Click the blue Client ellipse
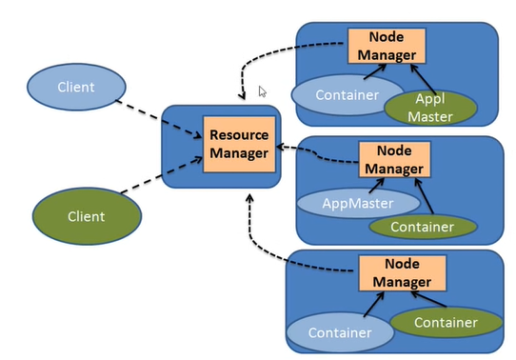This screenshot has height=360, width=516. pyautogui.click(x=75, y=88)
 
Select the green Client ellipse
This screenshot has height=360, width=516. pyautogui.click(x=86, y=216)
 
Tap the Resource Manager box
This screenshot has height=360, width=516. pyautogui.click(x=238, y=144)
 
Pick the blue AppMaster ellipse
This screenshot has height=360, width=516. pyautogui.click(x=358, y=202)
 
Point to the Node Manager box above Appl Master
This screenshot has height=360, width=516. pyautogui.click(x=381, y=46)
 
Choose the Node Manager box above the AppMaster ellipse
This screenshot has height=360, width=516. pyautogui.click(x=393, y=158)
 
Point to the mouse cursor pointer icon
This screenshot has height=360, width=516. pyautogui.click(x=264, y=91)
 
